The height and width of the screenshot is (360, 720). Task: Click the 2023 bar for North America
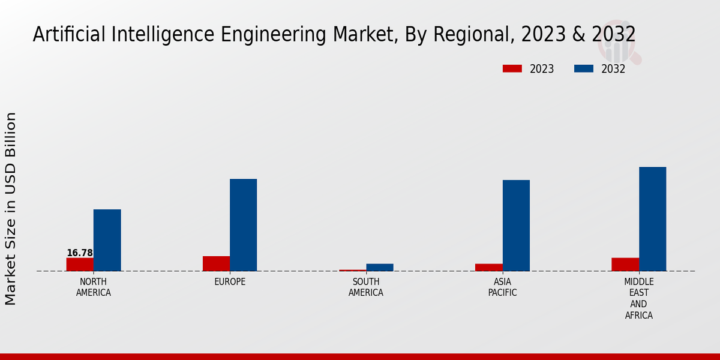pos(80,265)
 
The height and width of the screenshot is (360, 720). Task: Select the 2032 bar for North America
pos(107,240)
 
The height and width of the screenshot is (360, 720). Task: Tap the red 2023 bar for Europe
pos(216,263)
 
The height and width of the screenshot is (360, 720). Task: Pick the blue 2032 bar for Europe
pos(244,225)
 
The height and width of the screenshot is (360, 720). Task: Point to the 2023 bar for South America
pos(352,270)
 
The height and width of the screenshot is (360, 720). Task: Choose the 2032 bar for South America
pos(380,268)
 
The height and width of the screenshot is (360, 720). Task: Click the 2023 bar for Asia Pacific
pos(489,268)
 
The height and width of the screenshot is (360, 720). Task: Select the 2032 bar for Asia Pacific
pos(516,226)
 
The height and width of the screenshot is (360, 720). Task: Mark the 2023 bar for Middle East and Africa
pos(625,265)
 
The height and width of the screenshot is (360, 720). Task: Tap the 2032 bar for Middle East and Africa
pos(653,219)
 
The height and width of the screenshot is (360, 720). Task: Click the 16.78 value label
pos(80,253)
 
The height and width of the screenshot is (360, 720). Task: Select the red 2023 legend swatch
pos(512,69)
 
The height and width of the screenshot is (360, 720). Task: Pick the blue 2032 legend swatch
pos(584,69)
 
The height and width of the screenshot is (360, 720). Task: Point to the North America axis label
pos(94,287)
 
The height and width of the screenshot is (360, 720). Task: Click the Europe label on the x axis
pos(230,282)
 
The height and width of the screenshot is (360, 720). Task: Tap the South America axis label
pos(366,287)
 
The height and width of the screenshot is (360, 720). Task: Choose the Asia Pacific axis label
pos(502,287)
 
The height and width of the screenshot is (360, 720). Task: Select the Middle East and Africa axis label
pos(639,298)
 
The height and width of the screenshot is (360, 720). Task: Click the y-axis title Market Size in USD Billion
pos(11,208)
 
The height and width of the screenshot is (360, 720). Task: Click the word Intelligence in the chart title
pos(150,35)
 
